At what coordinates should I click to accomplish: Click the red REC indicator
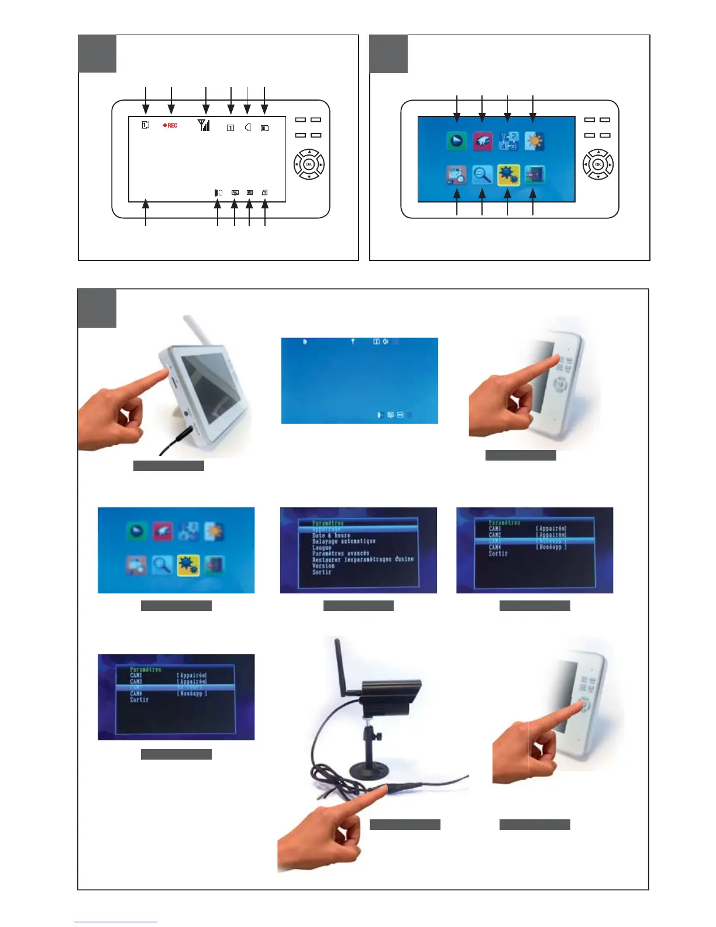[x=170, y=125]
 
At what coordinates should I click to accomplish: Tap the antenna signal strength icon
[x=204, y=125]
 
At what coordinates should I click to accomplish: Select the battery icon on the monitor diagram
[x=265, y=128]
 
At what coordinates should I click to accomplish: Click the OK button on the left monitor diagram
[x=308, y=164]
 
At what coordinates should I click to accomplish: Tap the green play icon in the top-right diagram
[x=457, y=141]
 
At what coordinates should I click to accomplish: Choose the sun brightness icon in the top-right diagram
[x=534, y=141]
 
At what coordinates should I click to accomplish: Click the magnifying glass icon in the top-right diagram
[x=482, y=174]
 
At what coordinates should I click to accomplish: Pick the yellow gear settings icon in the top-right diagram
[x=508, y=174]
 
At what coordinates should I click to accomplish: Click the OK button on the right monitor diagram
[x=598, y=164]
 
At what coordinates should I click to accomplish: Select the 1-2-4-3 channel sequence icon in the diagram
[x=508, y=141]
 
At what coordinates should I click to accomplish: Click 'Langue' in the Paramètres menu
[x=322, y=548]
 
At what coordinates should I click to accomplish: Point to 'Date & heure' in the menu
[x=331, y=535]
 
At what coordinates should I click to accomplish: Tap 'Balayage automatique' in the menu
[x=344, y=541]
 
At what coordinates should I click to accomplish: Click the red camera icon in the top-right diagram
[x=483, y=141]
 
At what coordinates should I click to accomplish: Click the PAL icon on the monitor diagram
[x=235, y=193]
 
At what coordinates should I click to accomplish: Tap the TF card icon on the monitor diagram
[x=265, y=193]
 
